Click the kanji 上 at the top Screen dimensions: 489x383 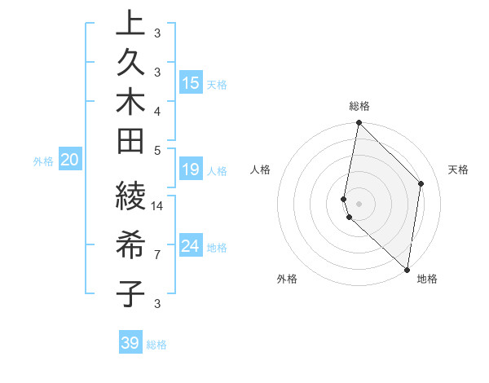tap(130, 24)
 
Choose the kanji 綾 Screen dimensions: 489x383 tap(130, 196)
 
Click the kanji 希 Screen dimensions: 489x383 tap(130, 245)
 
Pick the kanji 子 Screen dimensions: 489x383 tap(130, 294)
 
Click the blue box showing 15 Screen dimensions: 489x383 tap(190, 82)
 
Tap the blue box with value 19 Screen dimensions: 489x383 tap(190, 169)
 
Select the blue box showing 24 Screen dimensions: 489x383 tap(190, 246)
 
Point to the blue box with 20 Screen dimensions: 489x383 tap(69, 161)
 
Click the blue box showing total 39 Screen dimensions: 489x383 tap(130, 343)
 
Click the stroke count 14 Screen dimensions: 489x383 tap(158, 205)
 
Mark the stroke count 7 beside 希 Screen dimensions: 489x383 tap(157, 255)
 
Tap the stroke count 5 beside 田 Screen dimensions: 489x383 tap(157, 150)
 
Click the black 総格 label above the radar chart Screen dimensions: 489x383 tap(359, 106)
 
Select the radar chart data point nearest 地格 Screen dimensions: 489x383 tap(407, 270)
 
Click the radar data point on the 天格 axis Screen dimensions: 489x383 tap(421, 183)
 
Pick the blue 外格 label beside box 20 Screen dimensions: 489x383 tap(43, 161)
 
